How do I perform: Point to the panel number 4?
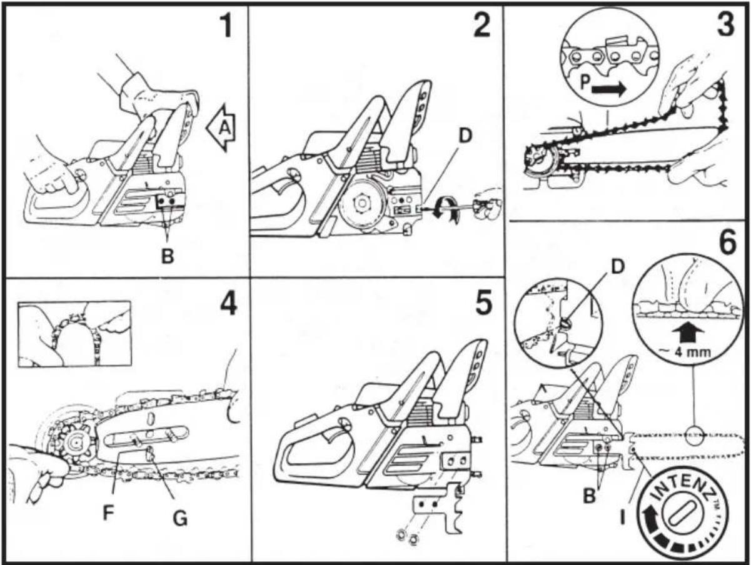(x=228, y=303)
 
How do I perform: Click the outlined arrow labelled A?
(x=221, y=128)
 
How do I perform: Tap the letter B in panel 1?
(x=168, y=256)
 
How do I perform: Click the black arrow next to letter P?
(x=608, y=90)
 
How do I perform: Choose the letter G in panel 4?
(x=180, y=519)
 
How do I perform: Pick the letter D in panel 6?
(x=616, y=267)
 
